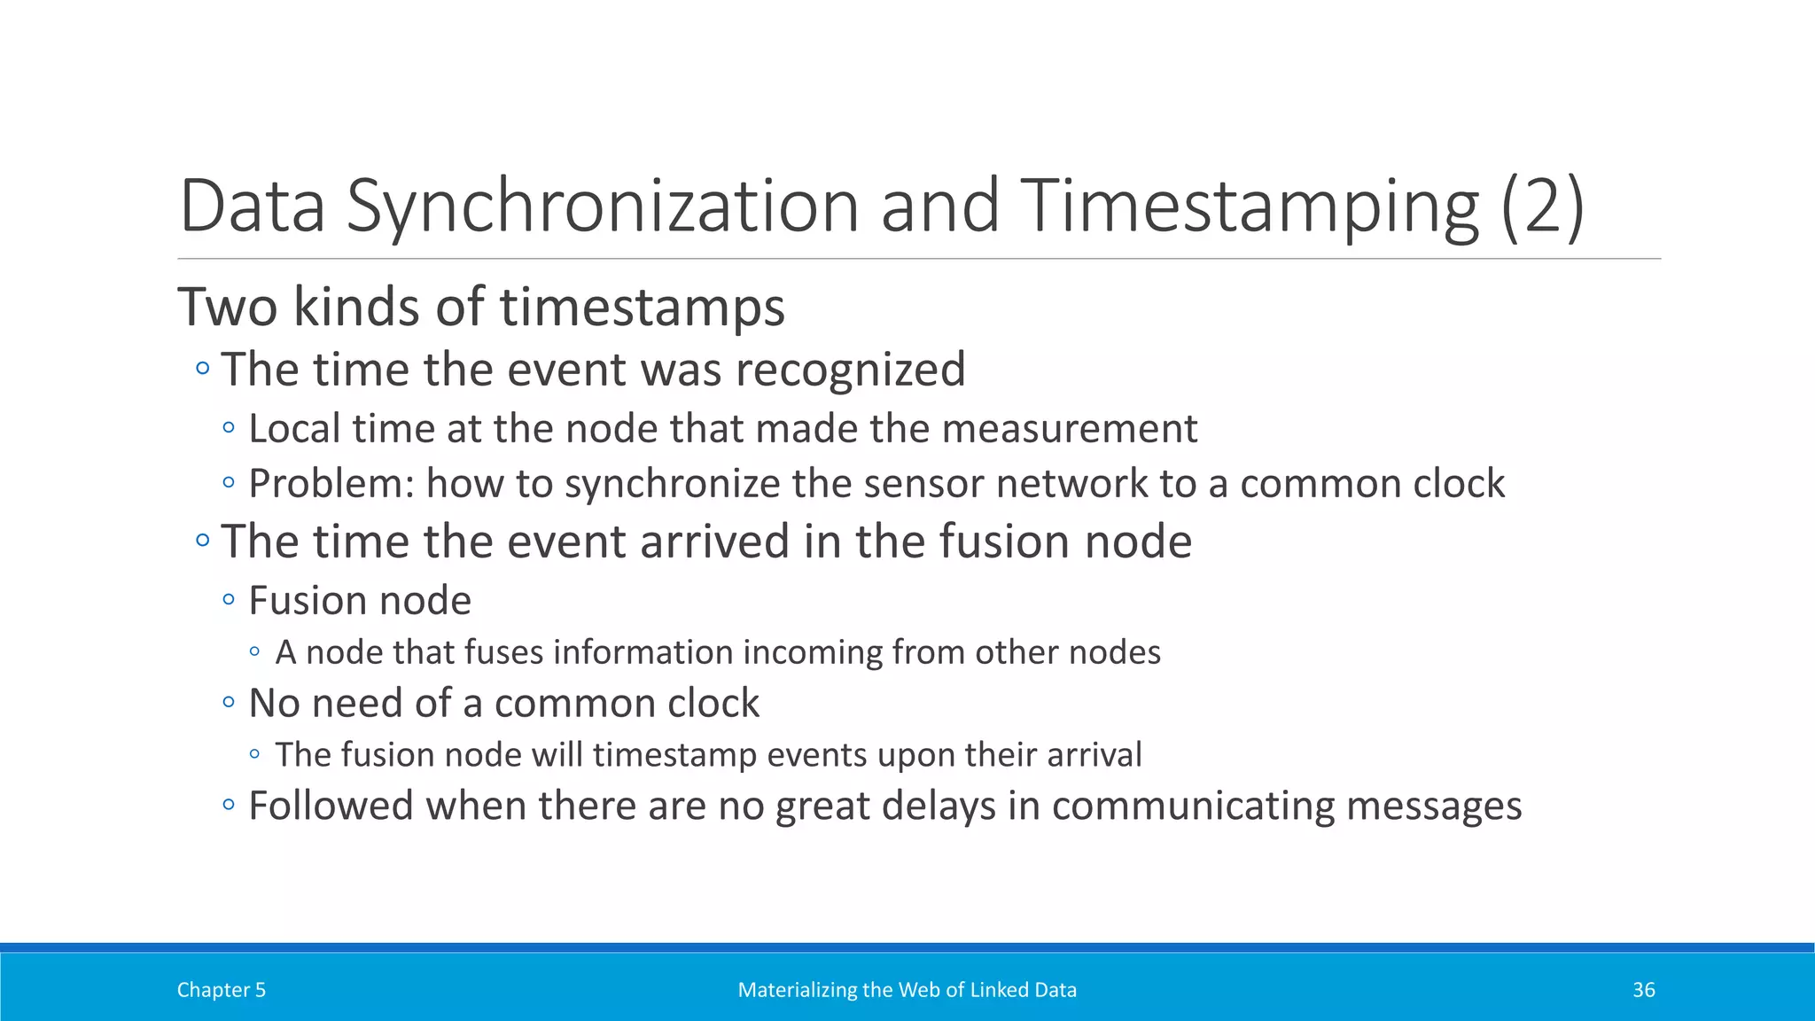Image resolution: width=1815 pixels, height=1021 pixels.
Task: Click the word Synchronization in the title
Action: [604, 207]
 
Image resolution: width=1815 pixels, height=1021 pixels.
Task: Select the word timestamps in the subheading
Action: [643, 308]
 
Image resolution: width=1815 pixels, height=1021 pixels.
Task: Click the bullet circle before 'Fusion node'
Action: [229, 600]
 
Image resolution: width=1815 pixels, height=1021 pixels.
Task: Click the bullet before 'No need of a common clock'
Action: [229, 703]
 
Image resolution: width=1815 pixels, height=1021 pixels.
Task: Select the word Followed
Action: [331, 807]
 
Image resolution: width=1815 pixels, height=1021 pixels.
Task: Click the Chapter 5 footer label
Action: [221, 990]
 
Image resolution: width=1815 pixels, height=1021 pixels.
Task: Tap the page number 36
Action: [1643, 990]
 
